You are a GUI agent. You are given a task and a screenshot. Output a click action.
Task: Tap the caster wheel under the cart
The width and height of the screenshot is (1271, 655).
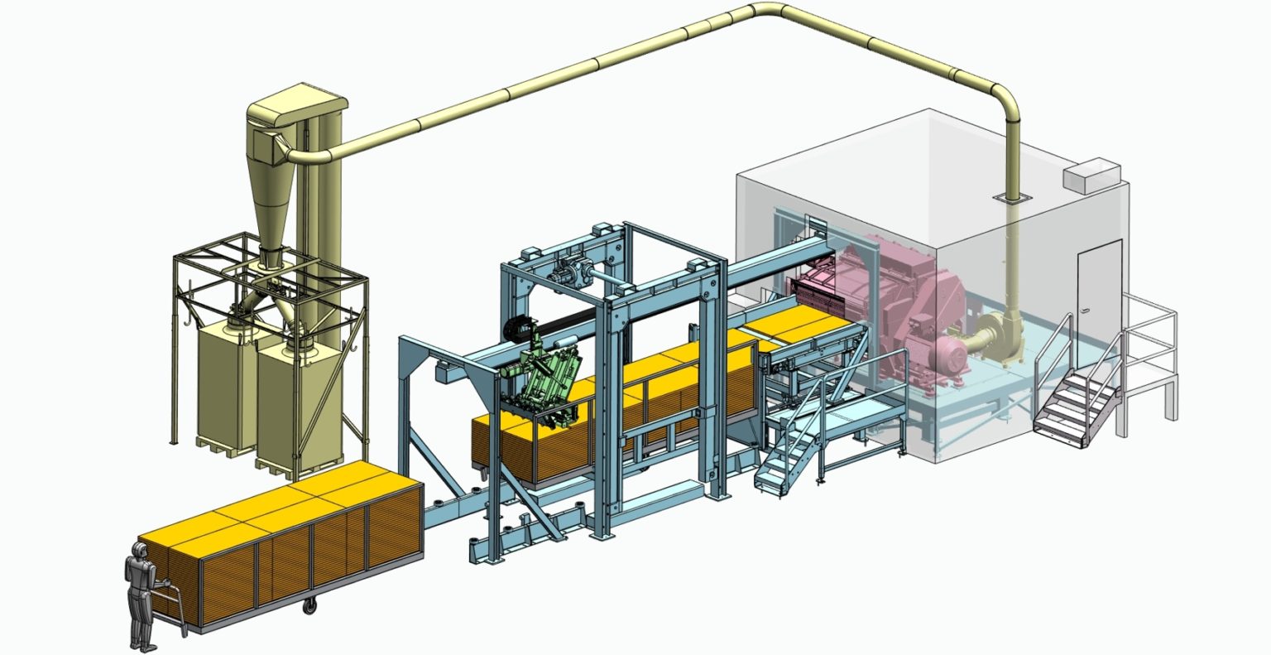310,607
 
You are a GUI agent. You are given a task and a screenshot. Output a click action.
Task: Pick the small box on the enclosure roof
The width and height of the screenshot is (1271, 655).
1091,175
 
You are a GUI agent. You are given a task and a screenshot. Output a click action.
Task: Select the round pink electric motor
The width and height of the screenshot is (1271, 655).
947,359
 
